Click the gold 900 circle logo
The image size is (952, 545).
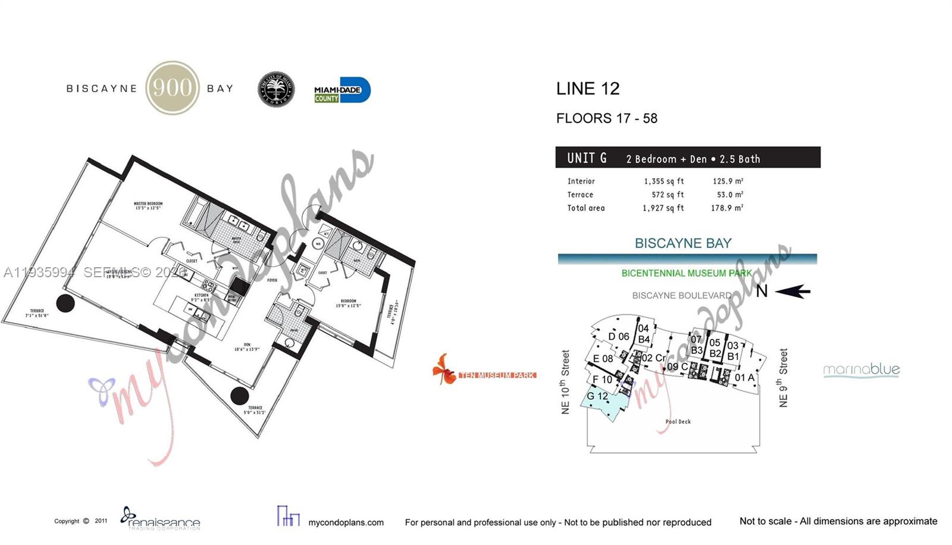pyautogui.click(x=173, y=88)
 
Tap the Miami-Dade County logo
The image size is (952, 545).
pyautogui.click(x=342, y=90)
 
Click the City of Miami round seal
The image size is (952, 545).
pyautogui.click(x=276, y=90)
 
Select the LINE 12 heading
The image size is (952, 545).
pyautogui.click(x=587, y=89)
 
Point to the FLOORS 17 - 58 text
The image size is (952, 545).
pyautogui.click(x=606, y=118)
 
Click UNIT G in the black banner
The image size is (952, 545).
pyautogui.click(x=587, y=158)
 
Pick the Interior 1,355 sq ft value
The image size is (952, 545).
pyautogui.click(x=663, y=181)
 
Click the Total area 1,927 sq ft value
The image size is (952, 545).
pyautogui.click(x=663, y=208)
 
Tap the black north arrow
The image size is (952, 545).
pyautogui.click(x=793, y=291)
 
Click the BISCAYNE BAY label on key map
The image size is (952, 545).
pyautogui.click(x=682, y=243)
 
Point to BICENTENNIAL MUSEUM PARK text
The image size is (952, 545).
pyautogui.click(x=686, y=273)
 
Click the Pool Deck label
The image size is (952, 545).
pyautogui.click(x=678, y=422)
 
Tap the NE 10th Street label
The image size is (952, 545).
pyautogui.click(x=565, y=381)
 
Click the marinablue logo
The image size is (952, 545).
pyautogui.click(x=861, y=370)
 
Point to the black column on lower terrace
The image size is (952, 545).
pyautogui.click(x=239, y=396)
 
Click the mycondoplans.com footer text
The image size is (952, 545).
pyautogui.click(x=346, y=522)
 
